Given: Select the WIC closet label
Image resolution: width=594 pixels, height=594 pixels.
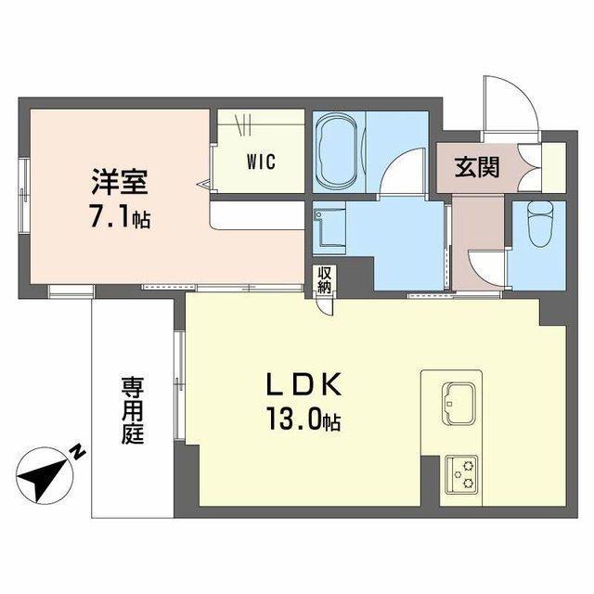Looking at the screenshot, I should click(x=260, y=160).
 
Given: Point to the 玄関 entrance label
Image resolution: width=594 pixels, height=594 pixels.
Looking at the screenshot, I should click(x=476, y=168).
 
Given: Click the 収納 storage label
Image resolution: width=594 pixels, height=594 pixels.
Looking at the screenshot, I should click(x=324, y=279).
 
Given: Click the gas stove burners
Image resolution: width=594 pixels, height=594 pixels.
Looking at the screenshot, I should click(x=460, y=473).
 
